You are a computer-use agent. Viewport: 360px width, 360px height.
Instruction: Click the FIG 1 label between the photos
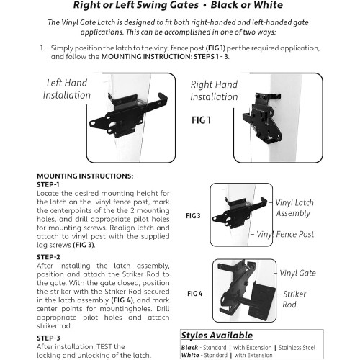[x=201, y=120]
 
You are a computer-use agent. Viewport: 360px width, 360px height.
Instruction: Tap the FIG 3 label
[x=193, y=216]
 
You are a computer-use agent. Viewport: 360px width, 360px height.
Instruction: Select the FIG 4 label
[x=194, y=294]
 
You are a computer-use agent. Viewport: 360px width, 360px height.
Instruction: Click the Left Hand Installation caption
[x=67, y=89]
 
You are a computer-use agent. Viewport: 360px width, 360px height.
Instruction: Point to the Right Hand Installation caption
[x=214, y=91]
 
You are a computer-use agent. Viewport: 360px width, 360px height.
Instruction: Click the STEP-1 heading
[x=48, y=185]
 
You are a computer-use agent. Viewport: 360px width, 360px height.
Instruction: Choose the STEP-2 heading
[x=48, y=257]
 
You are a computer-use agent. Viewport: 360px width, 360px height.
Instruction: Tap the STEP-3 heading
[x=48, y=338]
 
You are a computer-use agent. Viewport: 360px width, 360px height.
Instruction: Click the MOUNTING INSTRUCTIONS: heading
[x=85, y=176]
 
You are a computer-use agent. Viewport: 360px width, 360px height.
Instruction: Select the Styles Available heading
[x=217, y=336]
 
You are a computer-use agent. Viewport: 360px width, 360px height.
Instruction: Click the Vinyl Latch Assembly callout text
[x=294, y=208]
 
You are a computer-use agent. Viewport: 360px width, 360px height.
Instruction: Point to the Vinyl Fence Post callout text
[x=285, y=234]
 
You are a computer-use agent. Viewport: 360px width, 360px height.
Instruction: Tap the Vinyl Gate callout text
[x=297, y=273]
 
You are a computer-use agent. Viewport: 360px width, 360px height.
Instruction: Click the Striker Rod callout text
[x=294, y=300]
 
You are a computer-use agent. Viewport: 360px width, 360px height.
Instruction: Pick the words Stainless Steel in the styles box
[x=297, y=348]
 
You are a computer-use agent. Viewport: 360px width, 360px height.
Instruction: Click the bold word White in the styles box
[x=190, y=355]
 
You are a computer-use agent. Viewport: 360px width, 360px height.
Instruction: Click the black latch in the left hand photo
[x=128, y=115]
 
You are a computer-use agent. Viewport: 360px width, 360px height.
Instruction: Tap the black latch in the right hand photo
[x=262, y=117]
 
